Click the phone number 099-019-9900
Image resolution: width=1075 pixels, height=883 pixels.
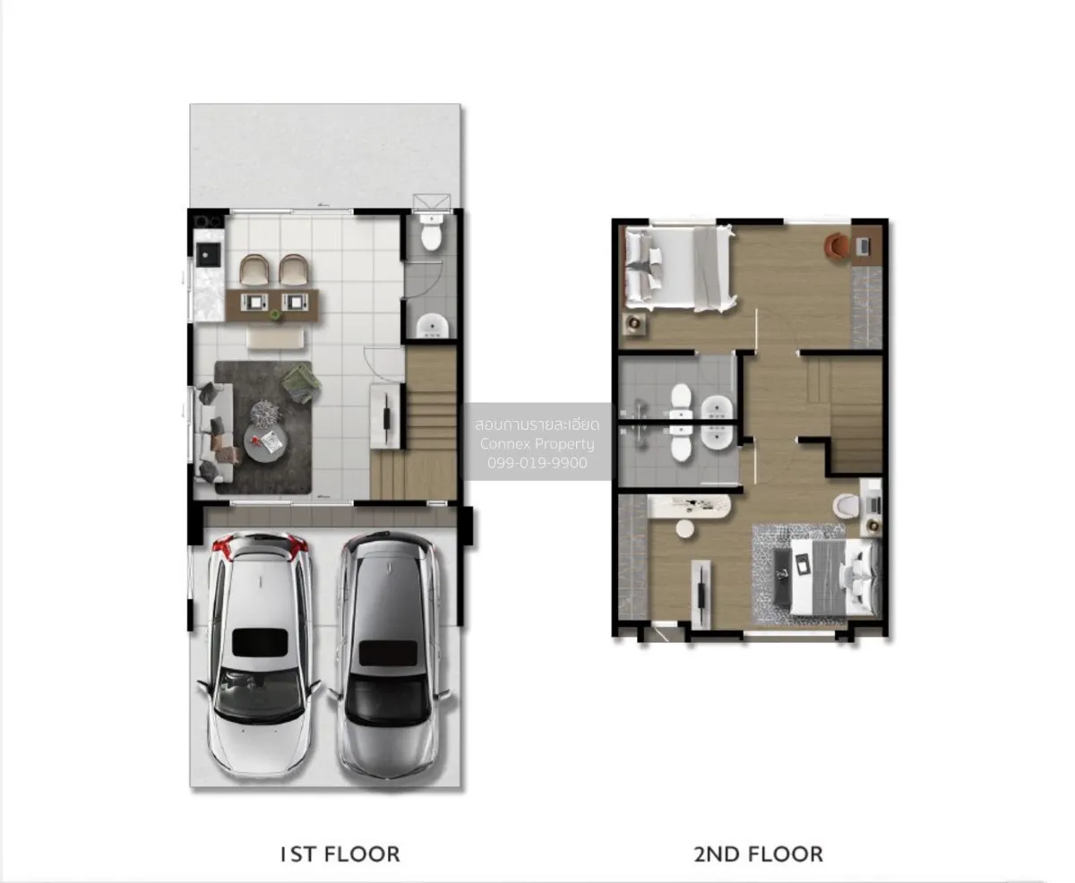pos(537,463)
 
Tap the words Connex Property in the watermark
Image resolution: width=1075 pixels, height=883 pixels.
pos(537,444)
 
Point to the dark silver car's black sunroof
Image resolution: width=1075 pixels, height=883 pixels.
pos(389,653)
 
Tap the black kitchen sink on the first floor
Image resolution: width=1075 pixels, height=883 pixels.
pos(209,254)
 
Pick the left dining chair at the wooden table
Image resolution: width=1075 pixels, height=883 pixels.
pos(254,270)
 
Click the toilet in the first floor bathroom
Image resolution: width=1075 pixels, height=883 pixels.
pos(431,234)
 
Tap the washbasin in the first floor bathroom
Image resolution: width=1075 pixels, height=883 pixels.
pos(432,326)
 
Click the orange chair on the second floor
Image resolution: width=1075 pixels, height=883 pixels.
pos(837,245)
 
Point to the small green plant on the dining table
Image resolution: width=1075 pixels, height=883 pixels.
pos(276,315)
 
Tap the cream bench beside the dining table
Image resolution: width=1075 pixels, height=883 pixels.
pos(276,339)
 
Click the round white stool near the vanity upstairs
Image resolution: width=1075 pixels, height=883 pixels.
pos(684,529)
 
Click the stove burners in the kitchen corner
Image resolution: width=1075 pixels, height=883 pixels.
pos(209,221)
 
